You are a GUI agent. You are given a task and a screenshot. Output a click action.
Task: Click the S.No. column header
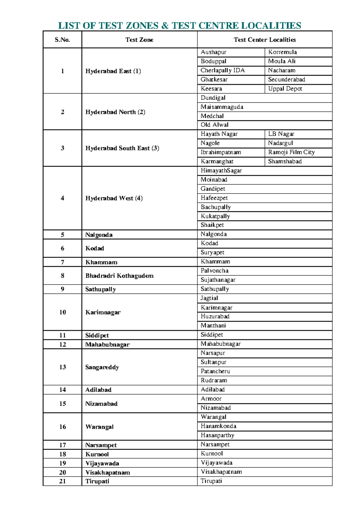[x=62, y=40]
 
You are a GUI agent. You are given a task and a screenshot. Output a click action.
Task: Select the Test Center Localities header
[x=265, y=40]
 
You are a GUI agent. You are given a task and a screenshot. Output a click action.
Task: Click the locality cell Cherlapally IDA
[x=223, y=71]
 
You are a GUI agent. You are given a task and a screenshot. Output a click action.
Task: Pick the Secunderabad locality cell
[x=286, y=80]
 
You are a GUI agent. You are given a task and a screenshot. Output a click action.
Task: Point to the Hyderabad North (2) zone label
[x=115, y=112]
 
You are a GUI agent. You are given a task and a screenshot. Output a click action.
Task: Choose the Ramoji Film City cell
[x=291, y=152]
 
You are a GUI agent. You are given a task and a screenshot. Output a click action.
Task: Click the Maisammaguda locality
[x=222, y=107]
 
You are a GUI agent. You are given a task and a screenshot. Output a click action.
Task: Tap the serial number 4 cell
[x=62, y=198]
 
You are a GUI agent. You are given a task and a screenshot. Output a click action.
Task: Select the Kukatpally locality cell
[x=215, y=216]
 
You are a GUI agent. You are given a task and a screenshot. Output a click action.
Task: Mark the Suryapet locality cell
[x=212, y=252]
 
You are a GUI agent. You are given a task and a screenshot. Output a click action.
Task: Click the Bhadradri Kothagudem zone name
[x=119, y=276]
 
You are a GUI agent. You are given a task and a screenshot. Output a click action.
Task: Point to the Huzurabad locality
[x=215, y=316]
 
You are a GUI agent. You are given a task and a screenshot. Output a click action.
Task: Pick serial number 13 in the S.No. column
[x=62, y=367]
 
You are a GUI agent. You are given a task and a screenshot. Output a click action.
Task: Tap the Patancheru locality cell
[x=215, y=371]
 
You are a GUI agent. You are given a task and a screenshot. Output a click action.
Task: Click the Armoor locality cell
[x=211, y=399]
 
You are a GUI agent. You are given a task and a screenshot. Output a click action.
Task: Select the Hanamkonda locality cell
[x=218, y=426]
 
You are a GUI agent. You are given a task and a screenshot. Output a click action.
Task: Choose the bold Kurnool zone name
[x=97, y=454]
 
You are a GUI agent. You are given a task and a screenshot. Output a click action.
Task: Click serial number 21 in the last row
[x=62, y=481]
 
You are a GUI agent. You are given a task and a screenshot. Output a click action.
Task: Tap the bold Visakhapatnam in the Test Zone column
[x=108, y=472]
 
